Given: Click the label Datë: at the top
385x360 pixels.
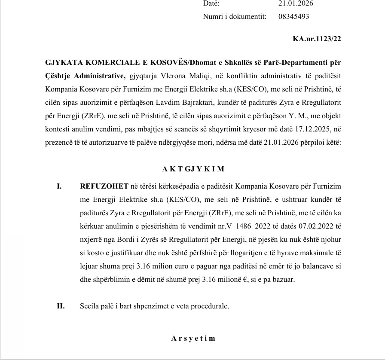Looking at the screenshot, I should [x=211, y=3].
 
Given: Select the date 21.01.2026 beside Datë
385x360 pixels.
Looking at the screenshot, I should [x=296, y=3].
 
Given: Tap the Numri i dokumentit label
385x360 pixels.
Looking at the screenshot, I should [x=235, y=16].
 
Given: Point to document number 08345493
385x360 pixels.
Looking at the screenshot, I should [x=293, y=16].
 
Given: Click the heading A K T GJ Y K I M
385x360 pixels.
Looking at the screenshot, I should [x=193, y=169].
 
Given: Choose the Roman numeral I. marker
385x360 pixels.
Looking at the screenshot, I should [x=60, y=187].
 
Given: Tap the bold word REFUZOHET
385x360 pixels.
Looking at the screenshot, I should [x=104, y=187].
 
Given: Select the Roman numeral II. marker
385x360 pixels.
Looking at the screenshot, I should [x=61, y=306].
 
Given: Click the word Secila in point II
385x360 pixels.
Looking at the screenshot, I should [x=89, y=306].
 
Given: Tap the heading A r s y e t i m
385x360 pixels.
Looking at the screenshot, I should [x=193, y=338].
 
